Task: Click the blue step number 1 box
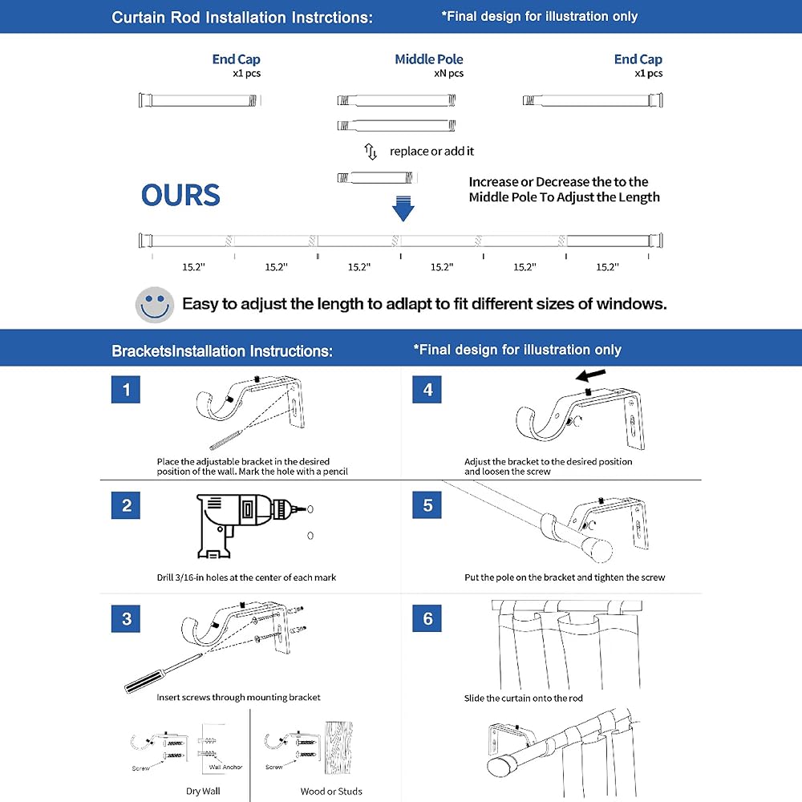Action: [126, 391]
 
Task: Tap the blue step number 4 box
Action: [427, 391]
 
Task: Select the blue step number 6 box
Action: [427, 618]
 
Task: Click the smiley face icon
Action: [154, 305]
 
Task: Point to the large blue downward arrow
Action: [403, 208]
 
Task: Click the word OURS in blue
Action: [180, 195]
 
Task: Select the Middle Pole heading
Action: [429, 59]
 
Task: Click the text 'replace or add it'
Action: [431, 151]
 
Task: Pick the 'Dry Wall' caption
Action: [204, 792]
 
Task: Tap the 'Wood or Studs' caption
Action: [331, 792]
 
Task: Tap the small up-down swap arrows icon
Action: [371, 151]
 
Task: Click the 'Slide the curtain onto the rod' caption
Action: [523, 699]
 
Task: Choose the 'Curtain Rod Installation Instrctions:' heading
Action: [242, 17]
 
